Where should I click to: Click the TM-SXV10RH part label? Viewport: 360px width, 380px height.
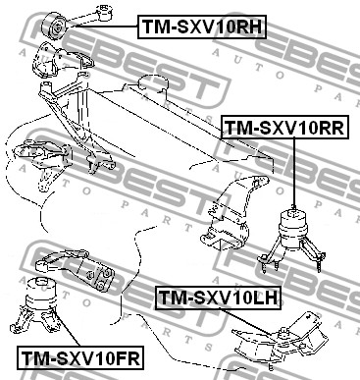coord(202,27)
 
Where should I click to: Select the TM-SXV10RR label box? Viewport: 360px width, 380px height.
coord(285,127)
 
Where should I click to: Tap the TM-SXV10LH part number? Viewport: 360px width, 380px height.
coord(219,298)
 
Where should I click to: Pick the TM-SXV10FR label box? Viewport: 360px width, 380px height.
coord(80,357)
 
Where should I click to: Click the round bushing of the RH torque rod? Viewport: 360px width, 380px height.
coord(55,27)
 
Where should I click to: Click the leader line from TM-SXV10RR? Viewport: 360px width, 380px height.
coord(294,172)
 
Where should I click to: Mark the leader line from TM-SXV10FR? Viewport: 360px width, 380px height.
coord(67,328)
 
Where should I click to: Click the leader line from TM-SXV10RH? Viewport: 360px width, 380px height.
coord(104,27)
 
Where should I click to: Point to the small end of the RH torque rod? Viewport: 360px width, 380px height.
coord(105,12)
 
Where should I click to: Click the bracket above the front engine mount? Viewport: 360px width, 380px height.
coord(76,267)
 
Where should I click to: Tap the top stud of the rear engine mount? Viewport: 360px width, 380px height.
coord(294,209)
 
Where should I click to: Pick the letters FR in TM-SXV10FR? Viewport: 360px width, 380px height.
coord(127,358)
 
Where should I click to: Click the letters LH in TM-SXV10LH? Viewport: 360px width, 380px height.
coord(265,299)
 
